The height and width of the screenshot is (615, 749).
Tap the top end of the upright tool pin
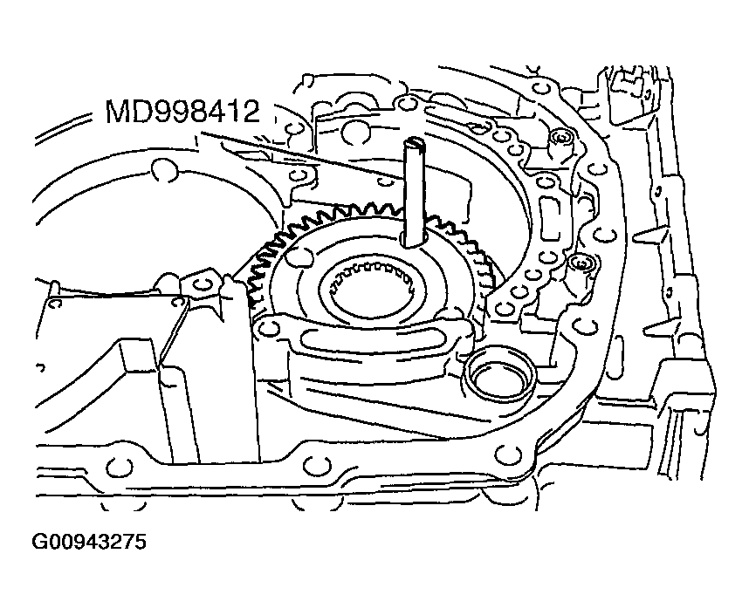413,142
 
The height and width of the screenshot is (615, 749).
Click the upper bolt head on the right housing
560,137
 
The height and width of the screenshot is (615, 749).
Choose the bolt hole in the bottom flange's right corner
503,454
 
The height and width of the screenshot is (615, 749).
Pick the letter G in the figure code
41,543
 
